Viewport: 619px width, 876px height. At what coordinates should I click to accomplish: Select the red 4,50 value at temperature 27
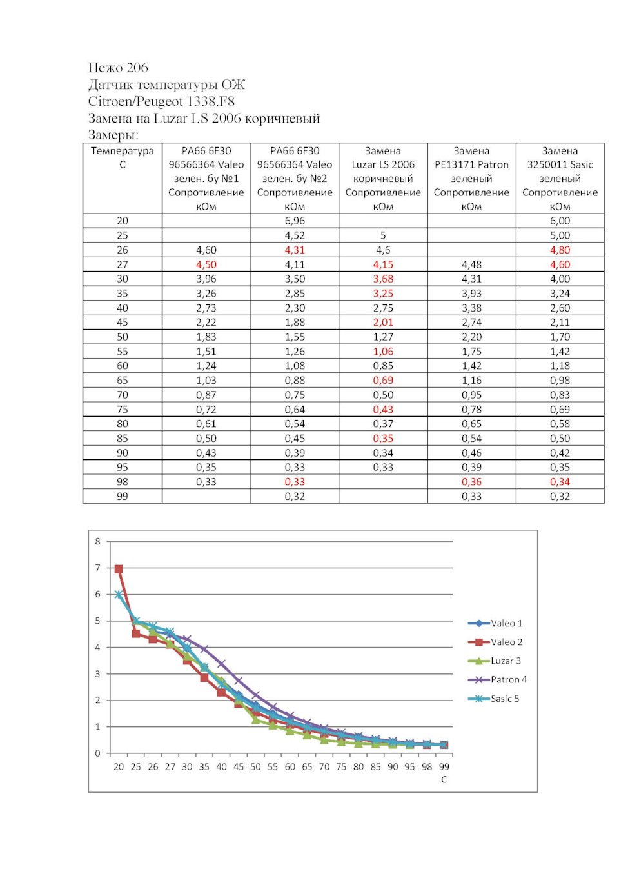(x=206, y=264)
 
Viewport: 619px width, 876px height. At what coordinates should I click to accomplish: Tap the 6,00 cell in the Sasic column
(x=560, y=221)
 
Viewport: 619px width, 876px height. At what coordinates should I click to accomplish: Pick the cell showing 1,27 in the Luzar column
(x=382, y=337)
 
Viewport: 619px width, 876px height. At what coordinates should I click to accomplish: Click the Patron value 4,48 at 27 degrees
(x=471, y=264)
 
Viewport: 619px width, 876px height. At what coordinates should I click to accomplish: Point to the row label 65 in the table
(x=123, y=380)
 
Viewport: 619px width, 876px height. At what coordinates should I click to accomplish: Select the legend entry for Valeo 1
(x=495, y=623)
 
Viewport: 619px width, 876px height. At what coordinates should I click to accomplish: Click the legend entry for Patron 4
(x=497, y=680)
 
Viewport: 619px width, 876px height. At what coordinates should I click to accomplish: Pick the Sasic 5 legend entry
(x=493, y=699)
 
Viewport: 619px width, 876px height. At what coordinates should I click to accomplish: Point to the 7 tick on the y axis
(x=98, y=568)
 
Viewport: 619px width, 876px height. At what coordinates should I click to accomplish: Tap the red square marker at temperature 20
(x=119, y=569)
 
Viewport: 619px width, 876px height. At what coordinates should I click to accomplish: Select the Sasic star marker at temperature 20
(x=119, y=595)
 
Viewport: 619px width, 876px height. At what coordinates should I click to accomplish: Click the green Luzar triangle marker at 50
(x=255, y=719)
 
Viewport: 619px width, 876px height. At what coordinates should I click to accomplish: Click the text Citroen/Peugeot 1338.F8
(x=161, y=101)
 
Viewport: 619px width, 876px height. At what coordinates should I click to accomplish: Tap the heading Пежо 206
(x=118, y=68)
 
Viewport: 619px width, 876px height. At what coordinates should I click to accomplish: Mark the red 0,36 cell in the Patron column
(x=471, y=482)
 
